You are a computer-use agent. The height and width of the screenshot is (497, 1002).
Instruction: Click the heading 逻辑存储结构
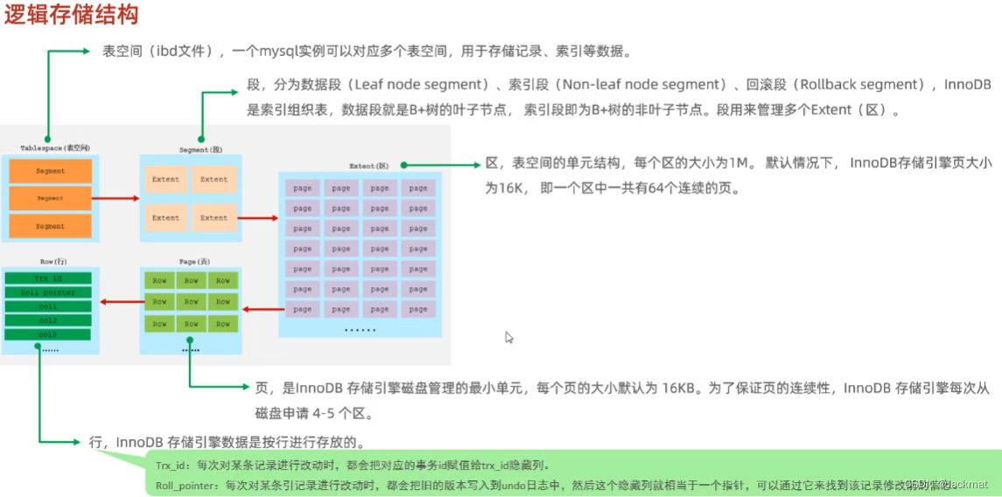[x=71, y=17]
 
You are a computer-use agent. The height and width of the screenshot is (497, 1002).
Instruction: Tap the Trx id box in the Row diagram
[x=49, y=278]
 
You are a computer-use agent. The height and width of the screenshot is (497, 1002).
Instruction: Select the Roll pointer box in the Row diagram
[x=49, y=292]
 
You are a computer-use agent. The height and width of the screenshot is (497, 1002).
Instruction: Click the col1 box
[x=49, y=306]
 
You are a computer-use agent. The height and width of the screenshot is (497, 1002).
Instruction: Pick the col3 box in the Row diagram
[x=49, y=334]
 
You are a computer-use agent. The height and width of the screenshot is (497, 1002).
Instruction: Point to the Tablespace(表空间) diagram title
[x=55, y=148]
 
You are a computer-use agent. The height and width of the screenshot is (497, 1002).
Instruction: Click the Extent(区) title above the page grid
[x=368, y=165]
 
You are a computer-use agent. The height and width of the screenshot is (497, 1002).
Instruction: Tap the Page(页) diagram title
[x=193, y=261]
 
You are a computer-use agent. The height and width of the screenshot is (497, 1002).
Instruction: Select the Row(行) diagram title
[x=53, y=261]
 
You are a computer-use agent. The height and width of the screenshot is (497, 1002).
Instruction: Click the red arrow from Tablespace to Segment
[x=116, y=198]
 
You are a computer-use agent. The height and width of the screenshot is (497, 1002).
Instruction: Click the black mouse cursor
[x=508, y=338]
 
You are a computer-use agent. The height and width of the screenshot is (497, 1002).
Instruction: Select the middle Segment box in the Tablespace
[x=50, y=199]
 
